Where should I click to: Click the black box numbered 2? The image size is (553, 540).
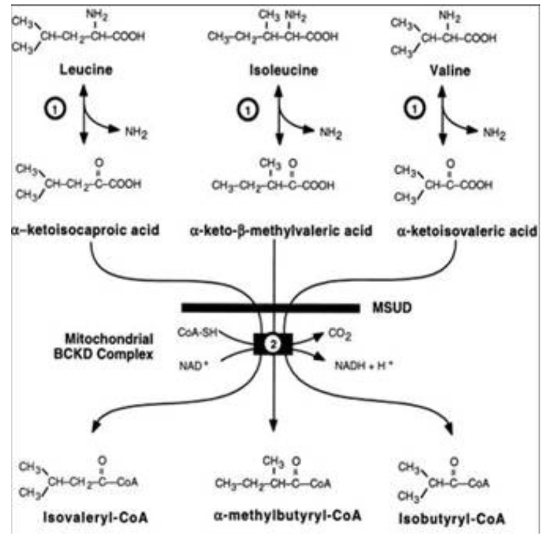273,345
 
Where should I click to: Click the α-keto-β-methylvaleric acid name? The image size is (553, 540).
274,227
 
